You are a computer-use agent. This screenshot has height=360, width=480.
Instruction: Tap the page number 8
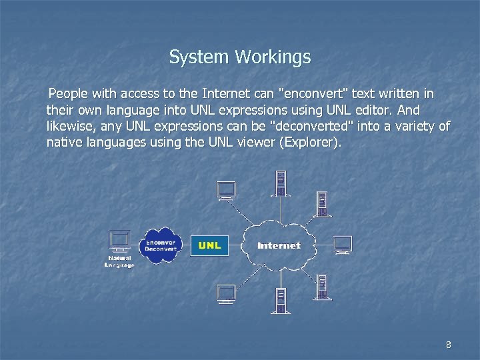pyautogui.click(x=448, y=345)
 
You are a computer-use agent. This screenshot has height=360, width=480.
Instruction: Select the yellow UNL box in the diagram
pyautogui.click(x=209, y=245)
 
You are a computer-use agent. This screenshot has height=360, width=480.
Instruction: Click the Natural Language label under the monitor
pyautogui.click(x=120, y=261)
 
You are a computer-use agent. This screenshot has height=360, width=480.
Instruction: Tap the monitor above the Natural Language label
pyautogui.click(x=120, y=240)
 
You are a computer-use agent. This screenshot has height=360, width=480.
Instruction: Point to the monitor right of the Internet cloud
pyautogui.click(x=342, y=244)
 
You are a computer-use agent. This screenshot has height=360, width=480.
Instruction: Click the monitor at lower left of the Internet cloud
pyautogui.click(x=226, y=293)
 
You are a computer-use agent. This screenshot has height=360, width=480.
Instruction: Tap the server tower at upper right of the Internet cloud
pyautogui.click(x=323, y=203)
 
